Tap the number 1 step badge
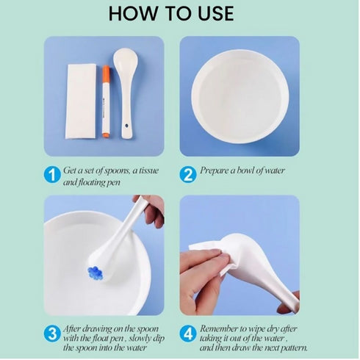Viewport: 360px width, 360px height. (51, 176)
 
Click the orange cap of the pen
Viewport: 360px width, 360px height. (105, 74)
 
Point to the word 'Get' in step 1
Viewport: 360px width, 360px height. (73, 170)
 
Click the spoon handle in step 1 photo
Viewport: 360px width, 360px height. (126, 110)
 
